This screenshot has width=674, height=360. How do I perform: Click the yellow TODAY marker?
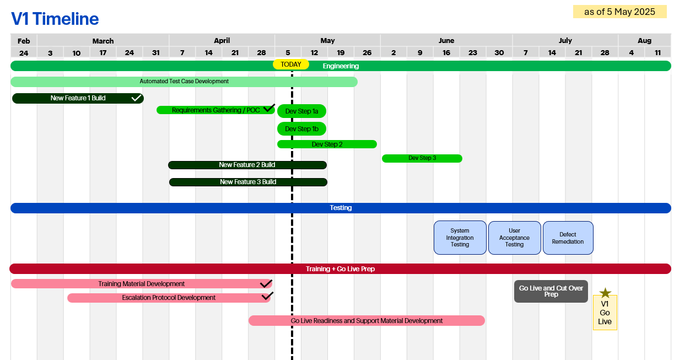[x=291, y=65]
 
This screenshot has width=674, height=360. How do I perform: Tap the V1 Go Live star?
[x=605, y=293]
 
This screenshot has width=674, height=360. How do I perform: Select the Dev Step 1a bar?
[x=301, y=111]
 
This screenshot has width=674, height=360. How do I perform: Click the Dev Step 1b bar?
[x=301, y=129]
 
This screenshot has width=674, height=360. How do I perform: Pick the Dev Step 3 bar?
[x=422, y=158]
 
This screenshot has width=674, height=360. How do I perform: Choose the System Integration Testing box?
[x=460, y=238]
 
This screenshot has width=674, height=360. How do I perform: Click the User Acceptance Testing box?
[x=514, y=238]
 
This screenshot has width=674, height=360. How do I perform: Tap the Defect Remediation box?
[x=568, y=238]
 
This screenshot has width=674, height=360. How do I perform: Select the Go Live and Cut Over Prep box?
[x=551, y=291]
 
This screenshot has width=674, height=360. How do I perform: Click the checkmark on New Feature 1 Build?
[x=136, y=98]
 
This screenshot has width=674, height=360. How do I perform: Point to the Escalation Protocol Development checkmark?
[x=267, y=296]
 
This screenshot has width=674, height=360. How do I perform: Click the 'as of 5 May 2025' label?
[x=619, y=12]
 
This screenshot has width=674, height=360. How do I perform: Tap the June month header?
[x=446, y=40]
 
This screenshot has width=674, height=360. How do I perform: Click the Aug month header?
[x=644, y=40]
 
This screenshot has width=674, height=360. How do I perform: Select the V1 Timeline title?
[x=55, y=19]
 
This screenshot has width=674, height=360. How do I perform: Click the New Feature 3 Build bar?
[x=248, y=182]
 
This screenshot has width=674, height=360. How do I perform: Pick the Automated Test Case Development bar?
[x=184, y=82]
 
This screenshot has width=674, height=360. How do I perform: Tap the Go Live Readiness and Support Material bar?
[x=366, y=320]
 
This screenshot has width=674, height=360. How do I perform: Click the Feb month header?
[x=24, y=40]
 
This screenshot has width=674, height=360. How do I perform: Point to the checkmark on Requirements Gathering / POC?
[x=269, y=108]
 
